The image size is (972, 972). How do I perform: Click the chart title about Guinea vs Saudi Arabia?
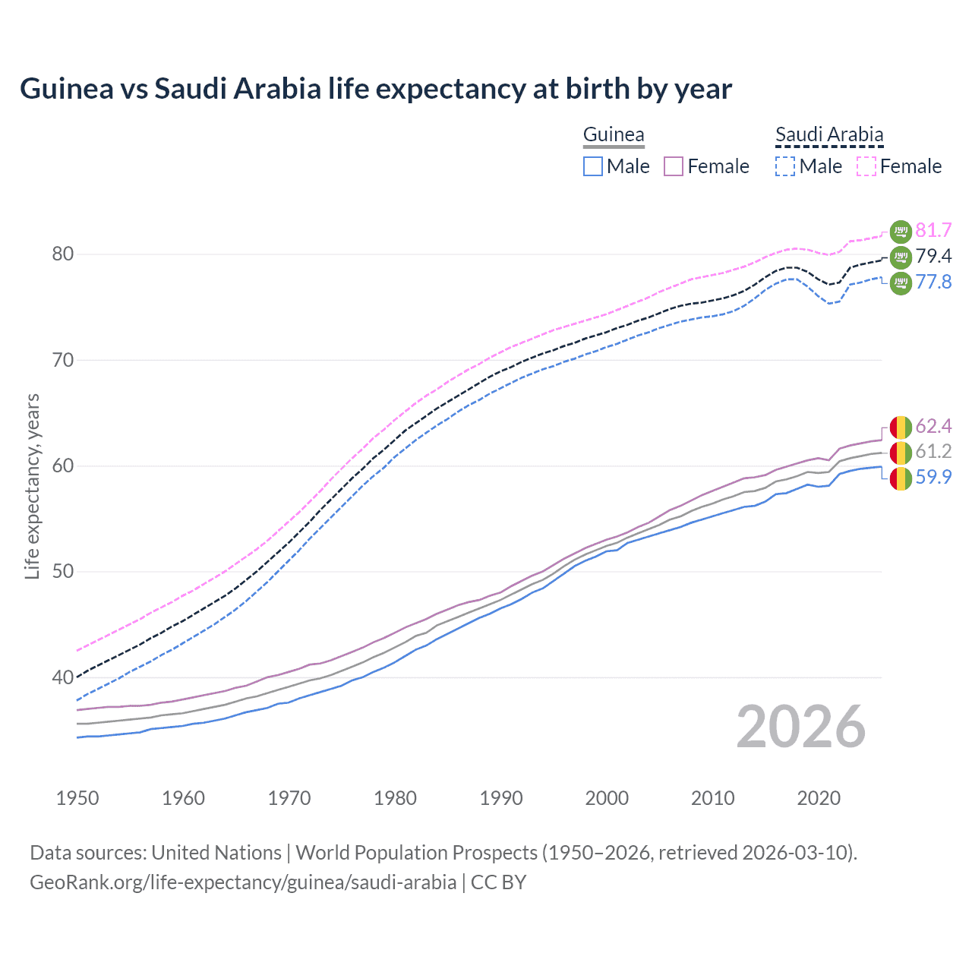(376, 89)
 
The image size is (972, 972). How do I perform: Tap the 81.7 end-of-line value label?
(933, 230)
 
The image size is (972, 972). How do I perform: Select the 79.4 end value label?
(933, 256)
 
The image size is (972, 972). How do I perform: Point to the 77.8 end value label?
(933, 282)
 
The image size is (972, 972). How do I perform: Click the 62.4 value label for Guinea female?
(933, 426)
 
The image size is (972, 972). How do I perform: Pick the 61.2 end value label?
(933, 452)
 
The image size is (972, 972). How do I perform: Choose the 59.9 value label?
(933, 478)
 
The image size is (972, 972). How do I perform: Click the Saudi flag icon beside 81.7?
(901, 231)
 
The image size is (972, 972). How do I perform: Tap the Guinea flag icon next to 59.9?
(901, 478)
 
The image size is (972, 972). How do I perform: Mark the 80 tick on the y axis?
(63, 254)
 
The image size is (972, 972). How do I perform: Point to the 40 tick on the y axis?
(63, 677)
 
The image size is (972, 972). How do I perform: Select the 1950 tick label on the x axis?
(77, 798)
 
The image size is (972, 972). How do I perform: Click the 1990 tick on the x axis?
(501, 798)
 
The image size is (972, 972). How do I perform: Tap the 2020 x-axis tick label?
(819, 798)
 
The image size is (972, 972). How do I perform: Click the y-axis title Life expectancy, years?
(32, 486)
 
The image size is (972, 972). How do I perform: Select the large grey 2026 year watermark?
(801, 727)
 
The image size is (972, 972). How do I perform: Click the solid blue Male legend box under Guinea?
(593, 166)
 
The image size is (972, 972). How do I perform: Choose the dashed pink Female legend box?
(866, 166)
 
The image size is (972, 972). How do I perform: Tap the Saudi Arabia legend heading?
(829, 135)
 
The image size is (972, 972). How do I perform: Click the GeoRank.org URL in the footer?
(243, 882)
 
